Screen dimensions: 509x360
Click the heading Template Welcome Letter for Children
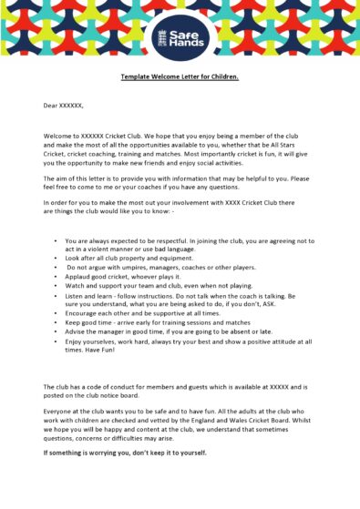[x=180, y=76]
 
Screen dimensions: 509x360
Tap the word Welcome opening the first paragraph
[x=57, y=135]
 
